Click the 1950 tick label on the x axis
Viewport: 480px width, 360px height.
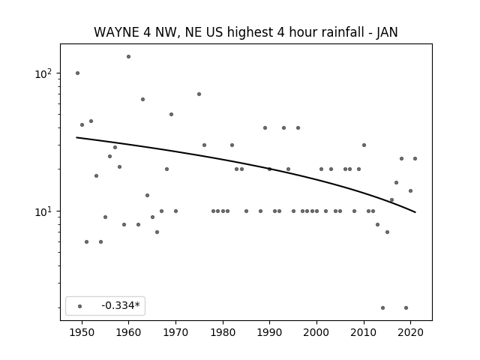tap(82, 333)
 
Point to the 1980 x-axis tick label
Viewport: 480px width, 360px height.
tap(223, 333)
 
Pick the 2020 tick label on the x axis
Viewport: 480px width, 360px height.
tap(411, 333)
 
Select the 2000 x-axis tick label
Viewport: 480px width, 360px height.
tap(316, 333)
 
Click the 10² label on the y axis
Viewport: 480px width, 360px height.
tap(43, 73)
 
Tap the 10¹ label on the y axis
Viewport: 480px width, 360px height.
tap(43, 211)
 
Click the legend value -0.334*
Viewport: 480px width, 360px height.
tap(121, 305)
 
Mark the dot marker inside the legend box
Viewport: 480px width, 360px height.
tap(80, 306)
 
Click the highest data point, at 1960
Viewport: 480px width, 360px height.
tap(128, 57)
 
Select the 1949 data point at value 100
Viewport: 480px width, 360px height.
tap(77, 73)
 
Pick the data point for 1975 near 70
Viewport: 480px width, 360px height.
tap(199, 94)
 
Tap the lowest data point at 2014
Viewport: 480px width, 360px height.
tap(382, 307)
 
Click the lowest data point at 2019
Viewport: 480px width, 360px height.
tap(406, 307)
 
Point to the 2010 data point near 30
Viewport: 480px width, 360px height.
tap(364, 145)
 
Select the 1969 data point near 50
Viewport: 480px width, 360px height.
tap(171, 114)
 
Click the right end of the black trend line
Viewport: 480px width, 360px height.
tap(415, 212)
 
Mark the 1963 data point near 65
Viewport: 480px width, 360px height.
tap(142, 99)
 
